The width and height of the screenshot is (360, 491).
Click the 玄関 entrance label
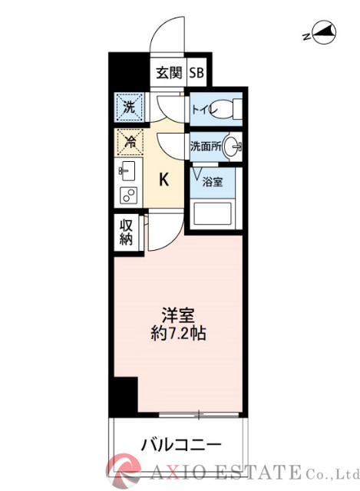(x=168, y=74)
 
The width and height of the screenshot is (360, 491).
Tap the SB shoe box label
(x=197, y=74)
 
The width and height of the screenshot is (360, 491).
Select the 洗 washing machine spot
(x=129, y=108)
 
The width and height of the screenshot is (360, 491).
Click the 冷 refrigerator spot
(x=129, y=141)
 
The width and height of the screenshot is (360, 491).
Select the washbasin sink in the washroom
(x=233, y=146)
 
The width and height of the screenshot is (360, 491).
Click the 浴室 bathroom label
(x=213, y=182)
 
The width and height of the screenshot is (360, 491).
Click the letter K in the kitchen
(x=163, y=180)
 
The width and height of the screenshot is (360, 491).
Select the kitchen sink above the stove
(x=127, y=170)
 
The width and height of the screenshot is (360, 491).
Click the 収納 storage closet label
(x=127, y=232)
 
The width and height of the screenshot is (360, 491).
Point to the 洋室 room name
(x=177, y=314)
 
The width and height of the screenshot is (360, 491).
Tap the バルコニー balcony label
(x=181, y=444)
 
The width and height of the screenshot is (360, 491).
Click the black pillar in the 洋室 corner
(x=123, y=396)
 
